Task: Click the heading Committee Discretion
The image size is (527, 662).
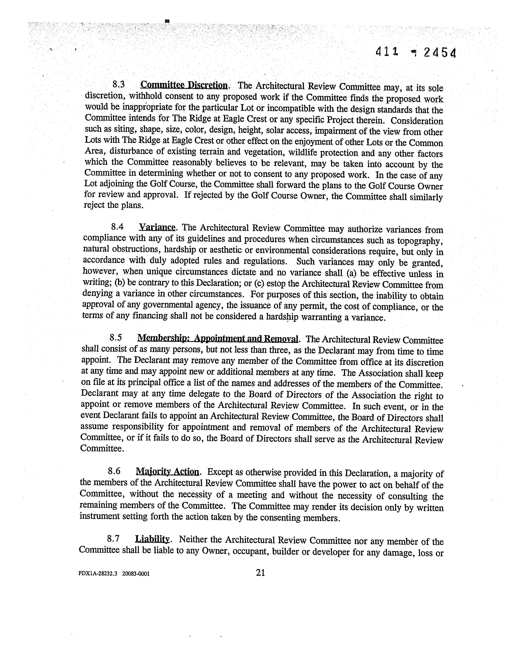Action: click(x=184, y=85)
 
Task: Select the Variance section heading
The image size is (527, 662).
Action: click(x=157, y=227)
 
